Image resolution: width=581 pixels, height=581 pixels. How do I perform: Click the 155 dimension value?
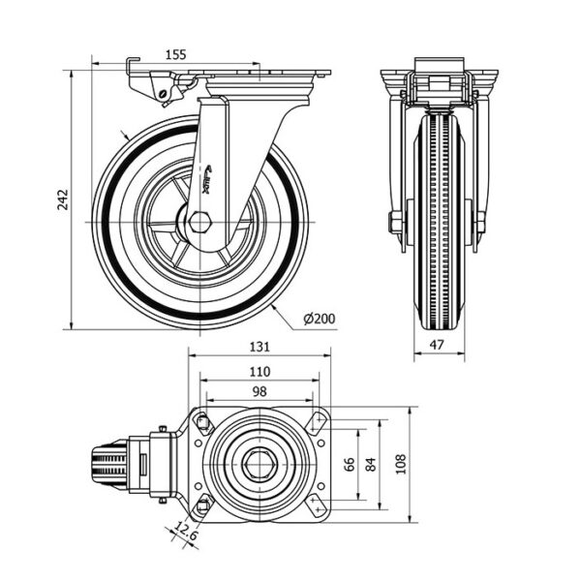tap(175, 56)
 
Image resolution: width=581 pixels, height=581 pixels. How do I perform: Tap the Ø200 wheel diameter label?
tap(320, 319)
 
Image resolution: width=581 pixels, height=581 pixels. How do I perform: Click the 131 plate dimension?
tap(259, 347)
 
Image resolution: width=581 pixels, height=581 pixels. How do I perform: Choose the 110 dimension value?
tap(259, 371)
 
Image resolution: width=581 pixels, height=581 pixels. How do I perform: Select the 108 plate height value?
tap(401, 463)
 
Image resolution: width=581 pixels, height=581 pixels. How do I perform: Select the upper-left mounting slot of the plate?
tap(201, 421)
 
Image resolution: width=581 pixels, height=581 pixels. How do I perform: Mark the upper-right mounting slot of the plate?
tap(317, 421)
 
